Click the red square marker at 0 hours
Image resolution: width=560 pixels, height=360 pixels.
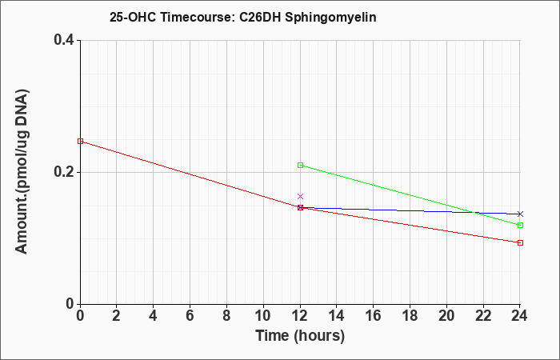[80, 142]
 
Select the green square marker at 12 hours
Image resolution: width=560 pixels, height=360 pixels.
[300, 166]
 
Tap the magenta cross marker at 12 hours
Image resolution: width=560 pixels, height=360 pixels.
[300, 197]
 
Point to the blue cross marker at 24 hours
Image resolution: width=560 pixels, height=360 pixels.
[520, 214]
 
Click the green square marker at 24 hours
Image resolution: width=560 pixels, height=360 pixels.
[520, 226]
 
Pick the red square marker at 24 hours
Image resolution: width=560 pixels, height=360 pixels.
[520, 243]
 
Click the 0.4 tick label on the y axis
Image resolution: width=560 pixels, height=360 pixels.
[64, 40]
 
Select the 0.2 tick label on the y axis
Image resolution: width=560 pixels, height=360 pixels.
[64, 172]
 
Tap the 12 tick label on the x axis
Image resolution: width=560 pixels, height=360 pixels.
[300, 316]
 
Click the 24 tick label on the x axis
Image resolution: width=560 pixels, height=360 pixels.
[520, 316]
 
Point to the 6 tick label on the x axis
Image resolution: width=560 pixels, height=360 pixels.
[190, 316]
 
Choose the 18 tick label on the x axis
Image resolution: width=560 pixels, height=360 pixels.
[410, 316]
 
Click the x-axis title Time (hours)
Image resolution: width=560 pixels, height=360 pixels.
[300, 336]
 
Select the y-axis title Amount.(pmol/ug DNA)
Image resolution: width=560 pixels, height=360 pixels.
[22, 171]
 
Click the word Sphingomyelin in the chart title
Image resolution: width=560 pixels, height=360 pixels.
[330, 18]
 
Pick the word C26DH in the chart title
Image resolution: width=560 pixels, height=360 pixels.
[259, 17]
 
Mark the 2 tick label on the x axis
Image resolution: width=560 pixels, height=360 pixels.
[117, 316]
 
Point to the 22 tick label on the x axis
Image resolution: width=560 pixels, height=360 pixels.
[483, 316]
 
